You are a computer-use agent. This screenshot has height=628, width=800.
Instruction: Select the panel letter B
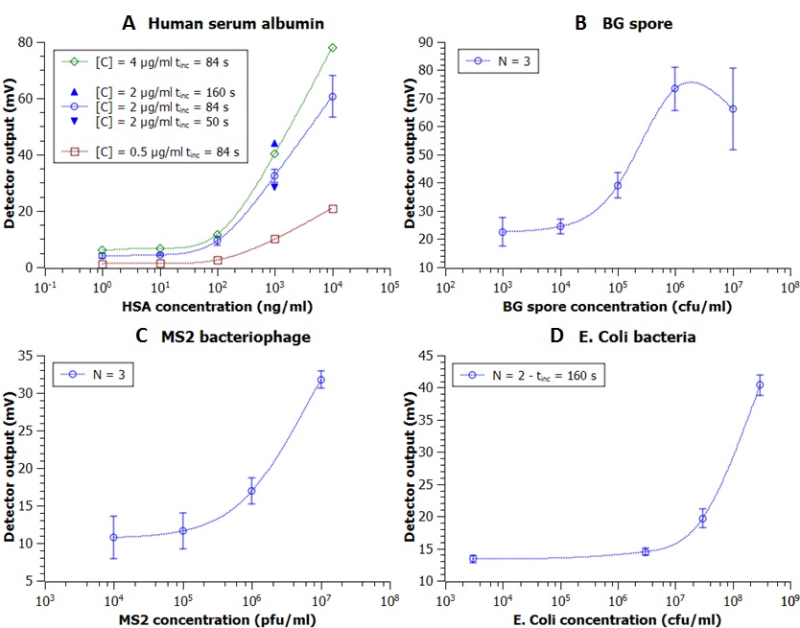click(x=580, y=21)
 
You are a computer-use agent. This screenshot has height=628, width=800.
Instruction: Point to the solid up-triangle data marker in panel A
click(x=274, y=143)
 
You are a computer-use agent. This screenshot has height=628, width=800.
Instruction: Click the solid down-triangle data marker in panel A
click(x=274, y=187)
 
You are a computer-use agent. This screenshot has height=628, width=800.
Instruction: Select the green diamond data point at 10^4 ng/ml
click(x=333, y=48)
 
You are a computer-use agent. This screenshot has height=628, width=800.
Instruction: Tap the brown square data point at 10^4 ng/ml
click(x=333, y=208)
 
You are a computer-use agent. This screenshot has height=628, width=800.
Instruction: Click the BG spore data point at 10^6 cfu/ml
click(x=675, y=88)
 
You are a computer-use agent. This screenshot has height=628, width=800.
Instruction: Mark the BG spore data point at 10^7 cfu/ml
click(x=733, y=108)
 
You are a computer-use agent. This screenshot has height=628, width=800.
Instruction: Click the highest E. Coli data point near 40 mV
click(x=760, y=384)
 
